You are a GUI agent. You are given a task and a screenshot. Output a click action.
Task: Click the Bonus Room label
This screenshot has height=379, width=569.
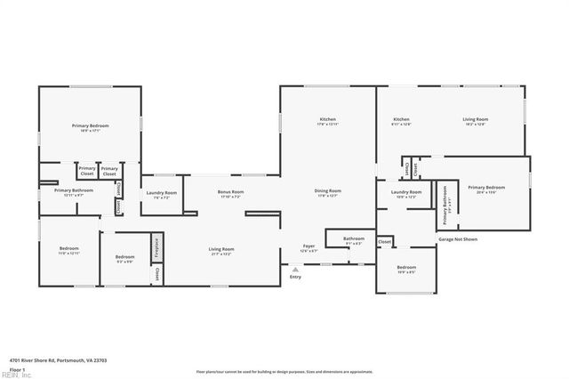click(x=231, y=192)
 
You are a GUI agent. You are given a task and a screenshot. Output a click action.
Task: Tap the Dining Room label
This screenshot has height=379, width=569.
click(x=328, y=191)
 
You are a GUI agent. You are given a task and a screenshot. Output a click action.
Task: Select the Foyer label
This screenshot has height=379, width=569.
click(x=309, y=246)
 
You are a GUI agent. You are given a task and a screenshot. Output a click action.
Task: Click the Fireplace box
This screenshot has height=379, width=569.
click(x=156, y=245)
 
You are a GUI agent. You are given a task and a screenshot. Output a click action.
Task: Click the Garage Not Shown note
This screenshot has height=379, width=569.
click(x=458, y=239)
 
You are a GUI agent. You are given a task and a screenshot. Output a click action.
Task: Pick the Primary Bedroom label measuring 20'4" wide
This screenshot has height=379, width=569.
click(x=486, y=188)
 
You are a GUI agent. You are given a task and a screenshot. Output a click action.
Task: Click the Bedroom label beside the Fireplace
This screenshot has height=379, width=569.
click(x=125, y=257)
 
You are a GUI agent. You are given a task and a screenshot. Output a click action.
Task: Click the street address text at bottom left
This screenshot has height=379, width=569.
click(x=45, y=359)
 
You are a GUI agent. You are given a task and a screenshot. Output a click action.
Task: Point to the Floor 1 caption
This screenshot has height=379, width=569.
click(x=17, y=368)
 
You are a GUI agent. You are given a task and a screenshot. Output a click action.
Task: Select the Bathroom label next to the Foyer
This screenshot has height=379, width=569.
click(x=354, y=238)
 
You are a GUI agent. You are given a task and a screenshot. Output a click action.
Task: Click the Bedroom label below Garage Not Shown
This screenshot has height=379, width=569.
click(x=406, y=268)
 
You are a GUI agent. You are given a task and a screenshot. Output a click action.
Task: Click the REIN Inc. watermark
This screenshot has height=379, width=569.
click(x=15, y=375)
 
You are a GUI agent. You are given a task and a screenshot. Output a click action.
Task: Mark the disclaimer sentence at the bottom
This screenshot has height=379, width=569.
click(x=284, y=372)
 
